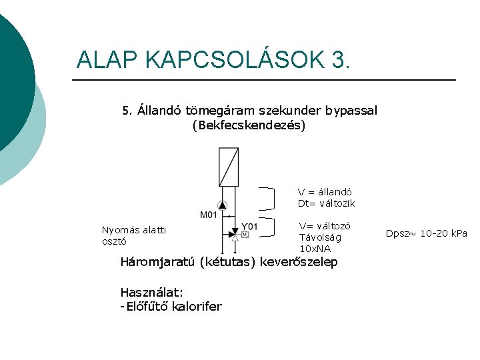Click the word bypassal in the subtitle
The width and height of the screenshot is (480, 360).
352,110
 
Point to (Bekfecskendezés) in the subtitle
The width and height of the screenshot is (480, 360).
249,125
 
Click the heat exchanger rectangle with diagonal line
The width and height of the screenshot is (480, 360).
229,167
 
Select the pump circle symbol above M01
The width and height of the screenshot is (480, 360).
223,206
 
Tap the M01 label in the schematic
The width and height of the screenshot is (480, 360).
209,215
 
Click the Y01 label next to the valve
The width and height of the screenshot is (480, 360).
249,227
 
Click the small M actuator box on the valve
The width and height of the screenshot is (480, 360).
245,235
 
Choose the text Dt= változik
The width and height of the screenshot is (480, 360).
326,203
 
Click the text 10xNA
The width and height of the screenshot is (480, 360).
315,249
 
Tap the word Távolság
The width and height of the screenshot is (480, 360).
320,237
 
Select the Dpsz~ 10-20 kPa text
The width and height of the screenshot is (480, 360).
427,233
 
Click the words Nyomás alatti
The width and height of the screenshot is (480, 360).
134,230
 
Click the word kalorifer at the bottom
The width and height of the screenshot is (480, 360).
197,307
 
